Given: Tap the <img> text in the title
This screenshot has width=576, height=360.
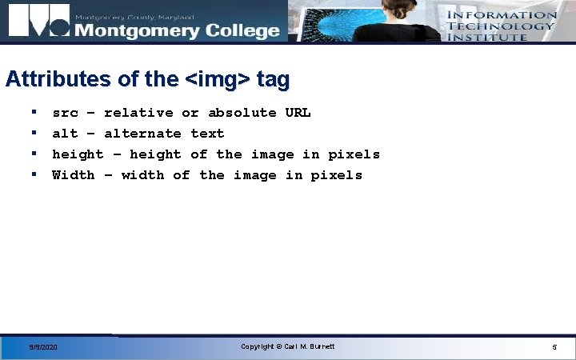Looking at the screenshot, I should coord(218,79).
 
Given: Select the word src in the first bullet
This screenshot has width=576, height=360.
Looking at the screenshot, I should coord(65,113).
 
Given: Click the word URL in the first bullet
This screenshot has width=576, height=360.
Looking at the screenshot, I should coord(298,113).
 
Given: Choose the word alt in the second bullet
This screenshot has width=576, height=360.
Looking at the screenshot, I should coord(65,134).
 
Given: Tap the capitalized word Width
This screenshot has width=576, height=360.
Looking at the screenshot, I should coord(73,175).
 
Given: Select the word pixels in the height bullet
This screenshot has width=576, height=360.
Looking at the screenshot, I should coord(354,154).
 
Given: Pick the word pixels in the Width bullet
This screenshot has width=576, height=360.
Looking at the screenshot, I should coord(336,175).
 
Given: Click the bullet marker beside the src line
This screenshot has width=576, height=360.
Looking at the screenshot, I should coord(34,113).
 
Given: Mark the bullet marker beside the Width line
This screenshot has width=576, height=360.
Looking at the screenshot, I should coord(34,174).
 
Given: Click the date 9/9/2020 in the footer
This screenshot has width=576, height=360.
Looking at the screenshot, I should coord(43,347).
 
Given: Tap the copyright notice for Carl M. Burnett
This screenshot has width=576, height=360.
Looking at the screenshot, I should coord(287,346).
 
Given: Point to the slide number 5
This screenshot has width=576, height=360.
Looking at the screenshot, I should coord(554,347).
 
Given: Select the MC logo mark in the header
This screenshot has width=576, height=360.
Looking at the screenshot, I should coord(38,22).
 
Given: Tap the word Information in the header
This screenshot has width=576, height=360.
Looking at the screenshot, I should coord(501,14).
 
